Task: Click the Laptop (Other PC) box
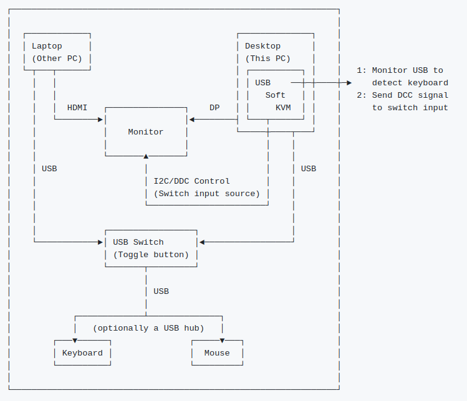(57, 52)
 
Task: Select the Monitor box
(146, 132)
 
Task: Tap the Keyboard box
(82, 353)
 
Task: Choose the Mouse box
(217, 353)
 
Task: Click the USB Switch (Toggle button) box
(151, 248)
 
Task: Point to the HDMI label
(77, 108)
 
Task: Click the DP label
(214, 108)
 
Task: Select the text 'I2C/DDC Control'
(191, 181)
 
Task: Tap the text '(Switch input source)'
(207, 194)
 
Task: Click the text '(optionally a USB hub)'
(148, 328)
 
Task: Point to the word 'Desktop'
(262, 46)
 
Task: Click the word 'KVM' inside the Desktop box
(283, 107)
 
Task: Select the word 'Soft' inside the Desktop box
(275, 95)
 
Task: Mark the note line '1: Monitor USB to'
(400, 70)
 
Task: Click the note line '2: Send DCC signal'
(402, 95)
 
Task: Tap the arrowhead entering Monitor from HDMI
(102, 120)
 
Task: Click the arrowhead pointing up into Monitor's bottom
(146, 156)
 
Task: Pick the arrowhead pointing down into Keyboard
(75, 341)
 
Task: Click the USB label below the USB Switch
(161, 291)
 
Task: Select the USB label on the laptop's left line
(49, 169)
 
